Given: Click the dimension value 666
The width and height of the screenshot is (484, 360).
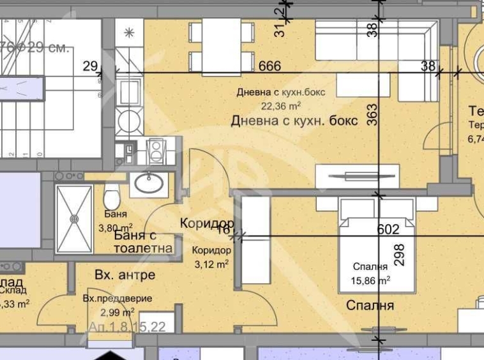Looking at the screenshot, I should (271, 66).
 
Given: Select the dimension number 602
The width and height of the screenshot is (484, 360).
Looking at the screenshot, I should (388, 229).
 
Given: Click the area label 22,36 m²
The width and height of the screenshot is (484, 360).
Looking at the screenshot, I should (281, 107).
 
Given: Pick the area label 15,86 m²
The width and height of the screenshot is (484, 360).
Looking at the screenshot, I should (371, 279).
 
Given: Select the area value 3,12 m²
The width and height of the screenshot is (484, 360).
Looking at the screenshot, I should (211, 262).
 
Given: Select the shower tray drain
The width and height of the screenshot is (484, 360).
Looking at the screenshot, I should (74, 218).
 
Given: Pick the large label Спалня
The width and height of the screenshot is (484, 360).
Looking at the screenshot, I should (370, 306).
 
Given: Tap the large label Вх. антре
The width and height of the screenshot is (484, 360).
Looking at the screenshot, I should (125, 275).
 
